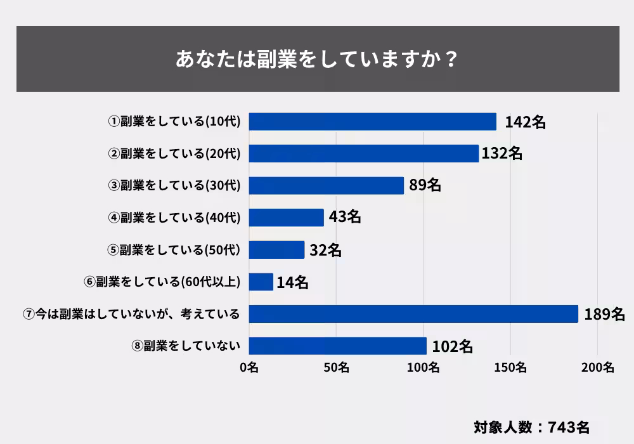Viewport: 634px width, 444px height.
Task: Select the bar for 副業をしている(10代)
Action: coord(372,122)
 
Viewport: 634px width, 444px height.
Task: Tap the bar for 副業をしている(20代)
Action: coord(363,153)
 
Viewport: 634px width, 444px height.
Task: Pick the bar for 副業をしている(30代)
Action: coord(326,185)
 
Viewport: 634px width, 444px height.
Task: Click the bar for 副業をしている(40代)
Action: coord(286,218)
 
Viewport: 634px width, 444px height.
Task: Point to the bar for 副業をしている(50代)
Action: coord(276,250)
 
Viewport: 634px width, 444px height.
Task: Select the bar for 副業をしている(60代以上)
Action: coord(261,282)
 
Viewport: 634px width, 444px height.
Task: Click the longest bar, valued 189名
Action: coord(413,314)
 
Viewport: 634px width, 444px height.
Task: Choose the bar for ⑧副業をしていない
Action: coord(337,346)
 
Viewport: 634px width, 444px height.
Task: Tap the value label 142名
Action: coord(525,122)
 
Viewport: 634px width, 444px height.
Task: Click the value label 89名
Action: coord(425,185)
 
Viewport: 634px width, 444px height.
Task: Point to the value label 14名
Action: coord(292,282)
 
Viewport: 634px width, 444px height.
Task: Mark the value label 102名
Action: coord(452,346)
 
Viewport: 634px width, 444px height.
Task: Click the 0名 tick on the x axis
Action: coord(249,367)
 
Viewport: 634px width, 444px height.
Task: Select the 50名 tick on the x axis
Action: coord(336,367)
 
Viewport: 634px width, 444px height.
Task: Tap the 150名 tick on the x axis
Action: coord(510,367)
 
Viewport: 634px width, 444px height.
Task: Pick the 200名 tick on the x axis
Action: coord(597,367)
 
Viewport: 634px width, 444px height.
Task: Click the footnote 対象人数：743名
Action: coord(531,426)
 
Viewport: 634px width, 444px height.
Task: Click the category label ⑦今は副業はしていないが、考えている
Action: coord(131,314)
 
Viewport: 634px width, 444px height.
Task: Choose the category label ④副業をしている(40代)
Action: coord(174,218)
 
